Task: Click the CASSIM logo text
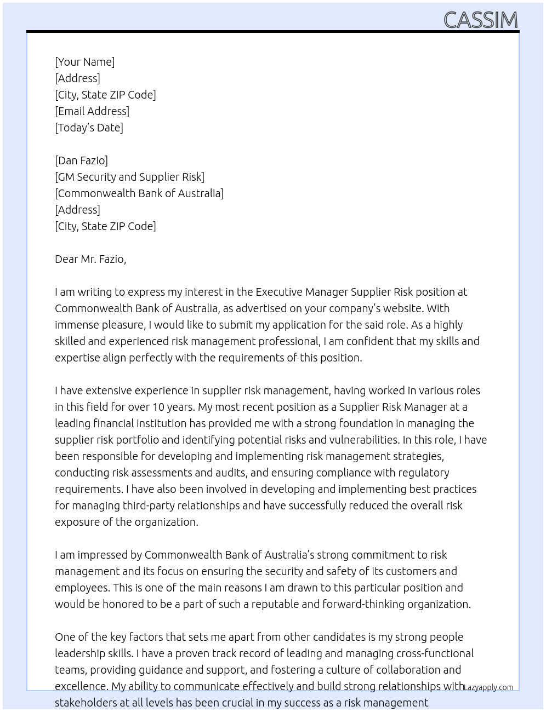480,20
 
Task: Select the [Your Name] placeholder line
85,62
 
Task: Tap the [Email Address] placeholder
92,111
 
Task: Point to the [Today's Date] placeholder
89,128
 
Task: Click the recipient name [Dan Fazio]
81,160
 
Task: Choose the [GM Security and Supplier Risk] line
129,177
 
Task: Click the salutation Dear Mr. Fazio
90,259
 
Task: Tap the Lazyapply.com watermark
488,687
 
